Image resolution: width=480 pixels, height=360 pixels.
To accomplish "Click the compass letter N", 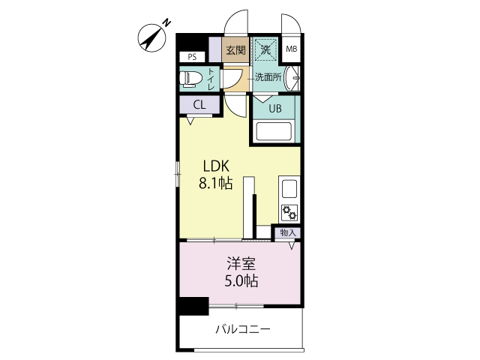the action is pyautogui.click(x=166, y=23).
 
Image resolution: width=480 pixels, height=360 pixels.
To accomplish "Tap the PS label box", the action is pyautogui.click(x=192, y=57).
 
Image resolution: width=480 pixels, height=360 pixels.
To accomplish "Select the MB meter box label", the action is pyautogui.click(x=292, y=49).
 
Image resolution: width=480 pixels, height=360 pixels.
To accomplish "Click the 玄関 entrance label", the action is pyautogui.click(x=235, y=50).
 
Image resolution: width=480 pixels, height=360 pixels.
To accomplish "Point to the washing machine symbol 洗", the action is pyautogui.click(x=265, y=49).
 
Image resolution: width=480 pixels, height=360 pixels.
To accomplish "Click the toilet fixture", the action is pyautogui.click(x=190, y=79).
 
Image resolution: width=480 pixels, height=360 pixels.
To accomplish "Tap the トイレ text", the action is pyautogui.click(x=211, y=79).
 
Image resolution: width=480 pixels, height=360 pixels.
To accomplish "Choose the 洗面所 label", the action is pyautogui.click(x=268, y=76).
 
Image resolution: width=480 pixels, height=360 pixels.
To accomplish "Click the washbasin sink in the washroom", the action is pyautogui.click(x=292, y=78).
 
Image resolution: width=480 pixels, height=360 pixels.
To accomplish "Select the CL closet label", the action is pyautogui.click(x=199, y=105).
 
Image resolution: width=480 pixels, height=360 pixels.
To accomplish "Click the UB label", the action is pyautogui.click(x=275, y=108).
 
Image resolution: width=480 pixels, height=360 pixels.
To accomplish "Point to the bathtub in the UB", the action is pyautogui.click(x=274, y=131).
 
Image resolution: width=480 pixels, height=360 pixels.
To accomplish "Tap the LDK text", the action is pyautogui.click(x=216, y=166).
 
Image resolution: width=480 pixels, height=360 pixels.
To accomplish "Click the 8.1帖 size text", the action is pyautogui.click(x=216, y=183).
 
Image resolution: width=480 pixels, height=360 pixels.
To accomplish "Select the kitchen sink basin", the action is pyautogui.click(x=289, y=189).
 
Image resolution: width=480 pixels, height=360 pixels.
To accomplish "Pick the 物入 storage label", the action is pyautogui.click(x=288, y=232).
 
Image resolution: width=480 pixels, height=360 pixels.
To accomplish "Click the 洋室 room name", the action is pyautogui.click(x=241, y=264).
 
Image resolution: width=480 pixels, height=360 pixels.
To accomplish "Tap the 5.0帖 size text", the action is pyautogui.click(x=241, y=281).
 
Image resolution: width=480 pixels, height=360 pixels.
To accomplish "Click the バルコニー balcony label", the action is pyautogui.click(x=243, y=329).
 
